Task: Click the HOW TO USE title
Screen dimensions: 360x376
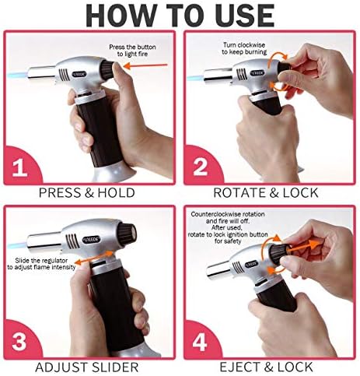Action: (180, 16)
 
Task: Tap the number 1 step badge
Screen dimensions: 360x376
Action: (22, 166)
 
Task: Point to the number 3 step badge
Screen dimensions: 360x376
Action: (22, 340)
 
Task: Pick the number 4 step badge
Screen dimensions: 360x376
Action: (201, 341)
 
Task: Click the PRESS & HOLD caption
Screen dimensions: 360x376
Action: (87, 193)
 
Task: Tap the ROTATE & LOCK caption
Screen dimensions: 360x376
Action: (266, 193)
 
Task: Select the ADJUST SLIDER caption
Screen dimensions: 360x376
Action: (86, 367)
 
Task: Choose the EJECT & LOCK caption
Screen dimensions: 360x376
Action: (266, 367)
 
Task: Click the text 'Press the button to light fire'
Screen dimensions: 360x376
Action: (132, 51)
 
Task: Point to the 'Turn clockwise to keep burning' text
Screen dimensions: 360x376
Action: (244, 48)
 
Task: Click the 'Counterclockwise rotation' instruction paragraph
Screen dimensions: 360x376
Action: (228, 227)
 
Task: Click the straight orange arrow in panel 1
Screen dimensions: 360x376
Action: (145, 65)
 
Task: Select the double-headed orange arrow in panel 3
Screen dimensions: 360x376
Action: (96, 258)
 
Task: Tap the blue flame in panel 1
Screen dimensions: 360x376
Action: (17, 76)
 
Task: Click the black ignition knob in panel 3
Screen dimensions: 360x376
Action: (128, 231)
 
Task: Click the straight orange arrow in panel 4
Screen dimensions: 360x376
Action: (302, 247)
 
